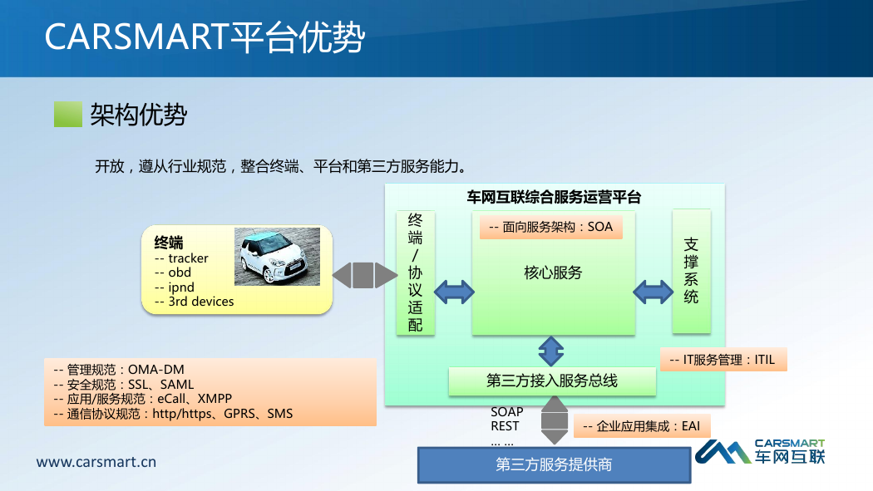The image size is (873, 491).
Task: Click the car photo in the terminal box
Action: tap(277, 257)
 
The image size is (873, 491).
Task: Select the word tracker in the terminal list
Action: tap(188, 258)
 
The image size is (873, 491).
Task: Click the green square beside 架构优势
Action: tap(68, 114)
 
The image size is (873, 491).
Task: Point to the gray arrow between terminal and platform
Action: tap(365, 275)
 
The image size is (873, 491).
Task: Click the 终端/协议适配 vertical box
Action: tap(416, 273)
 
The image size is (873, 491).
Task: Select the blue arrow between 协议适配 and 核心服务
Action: tap(454, 292)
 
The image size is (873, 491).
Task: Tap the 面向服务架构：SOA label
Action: tap(550, 227)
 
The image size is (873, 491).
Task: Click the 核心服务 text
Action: tap(553, 273)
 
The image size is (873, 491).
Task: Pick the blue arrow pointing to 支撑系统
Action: tap(653, 292)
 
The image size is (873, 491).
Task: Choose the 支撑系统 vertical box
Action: tap(692, 272)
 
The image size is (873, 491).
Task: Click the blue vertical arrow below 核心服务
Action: tap(551, 351)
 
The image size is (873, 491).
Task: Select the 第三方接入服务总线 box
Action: tap(552, 381)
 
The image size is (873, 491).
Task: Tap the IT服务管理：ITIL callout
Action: tap(723, 360)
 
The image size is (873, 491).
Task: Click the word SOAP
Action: tap(506, 412)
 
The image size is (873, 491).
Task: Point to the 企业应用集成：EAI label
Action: tap(641, 426)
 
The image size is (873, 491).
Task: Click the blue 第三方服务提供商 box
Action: tap(554, 465)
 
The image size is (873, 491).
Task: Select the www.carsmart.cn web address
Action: tap(96, 462)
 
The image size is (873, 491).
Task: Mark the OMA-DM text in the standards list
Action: tap(156, 370)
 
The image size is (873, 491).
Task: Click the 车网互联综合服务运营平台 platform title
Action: tap(554, 198)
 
